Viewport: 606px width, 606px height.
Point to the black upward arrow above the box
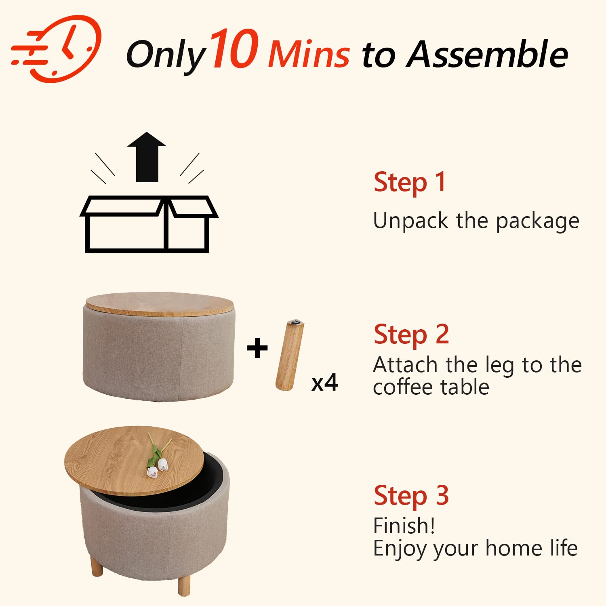coord(147,157)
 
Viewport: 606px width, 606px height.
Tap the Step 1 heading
coord(410,183)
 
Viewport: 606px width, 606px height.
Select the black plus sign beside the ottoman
coord(257,348)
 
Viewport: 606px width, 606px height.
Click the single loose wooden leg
coord(290,356)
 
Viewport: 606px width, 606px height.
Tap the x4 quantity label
coord(325,382)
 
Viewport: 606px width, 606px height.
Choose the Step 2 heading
coord(411,335)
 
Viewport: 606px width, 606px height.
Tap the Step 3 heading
coord(411,496)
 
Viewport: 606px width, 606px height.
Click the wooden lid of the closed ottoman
coord(160,304)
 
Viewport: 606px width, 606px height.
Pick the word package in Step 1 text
coord(538,222)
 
